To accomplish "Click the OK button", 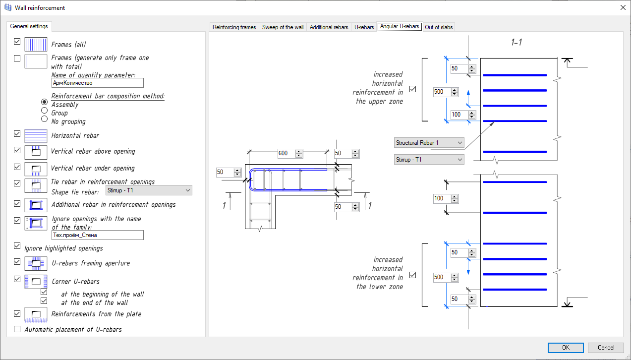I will pyautogui.click(x=566, y=348).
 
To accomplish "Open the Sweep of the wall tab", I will pyautogui.click(x=283, y=27).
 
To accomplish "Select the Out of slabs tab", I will pyautogui.click(x=439, y=27).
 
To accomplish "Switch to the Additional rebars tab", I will pyautogui.click(x=329, y=27).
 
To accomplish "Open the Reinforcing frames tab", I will pyautogui.click(x=234, y=27).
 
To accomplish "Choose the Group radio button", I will pyautogui.click(x=45, y=111).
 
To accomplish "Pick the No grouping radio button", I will pyautogui.click(x=45, y=119).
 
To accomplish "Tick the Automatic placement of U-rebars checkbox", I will pyautogui.click(x=17, y=329).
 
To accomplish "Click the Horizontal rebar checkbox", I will pyautogui.click(x=17, y=134).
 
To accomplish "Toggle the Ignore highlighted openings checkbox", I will pyautogui.click(x=17, y=246).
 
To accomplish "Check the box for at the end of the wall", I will pyautogui.click(x=44, y=300).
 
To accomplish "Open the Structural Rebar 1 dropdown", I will pyautogui.click(x=429, y=143).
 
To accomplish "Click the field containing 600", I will pyautogui.click(x=286, y=153).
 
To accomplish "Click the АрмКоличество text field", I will pyautogui.click(x=97, y=83).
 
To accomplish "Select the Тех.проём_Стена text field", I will pyautogui.click(x=97, y=235).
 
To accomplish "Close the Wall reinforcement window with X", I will pyautogui.click(x=623, y=7).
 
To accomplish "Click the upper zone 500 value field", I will pyautogui.click(x=441, y=92).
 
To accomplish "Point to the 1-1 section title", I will pyautogui.click(x=516, y=43).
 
